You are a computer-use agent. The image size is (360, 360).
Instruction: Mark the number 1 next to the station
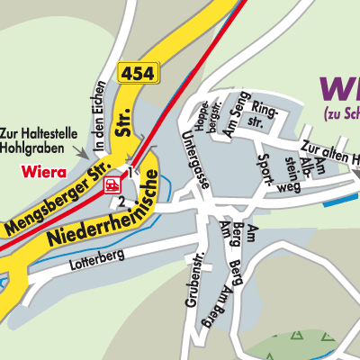(130, 171)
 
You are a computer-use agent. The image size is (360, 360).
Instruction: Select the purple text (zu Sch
(341, 114)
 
